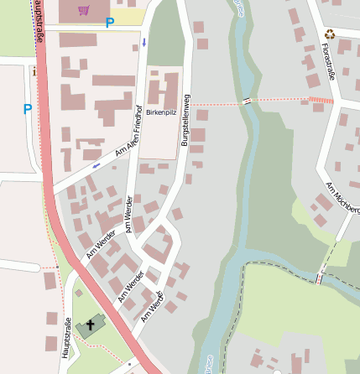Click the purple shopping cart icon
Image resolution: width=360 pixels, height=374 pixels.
(83, 10)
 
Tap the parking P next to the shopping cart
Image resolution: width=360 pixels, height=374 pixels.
(109, 23)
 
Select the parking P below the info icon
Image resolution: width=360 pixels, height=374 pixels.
(28, 109)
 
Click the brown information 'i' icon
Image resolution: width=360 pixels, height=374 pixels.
(34, 72)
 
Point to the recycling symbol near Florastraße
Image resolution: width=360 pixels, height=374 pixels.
(330, 34)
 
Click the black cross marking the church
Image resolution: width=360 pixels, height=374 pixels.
(91, 324)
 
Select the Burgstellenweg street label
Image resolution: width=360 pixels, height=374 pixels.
(185, 122)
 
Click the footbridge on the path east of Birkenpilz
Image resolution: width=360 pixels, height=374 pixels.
(246, 101)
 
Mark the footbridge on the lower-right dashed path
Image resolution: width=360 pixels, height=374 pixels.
(319, 278)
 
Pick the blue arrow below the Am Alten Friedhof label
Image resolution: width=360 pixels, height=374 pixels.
(96, 165)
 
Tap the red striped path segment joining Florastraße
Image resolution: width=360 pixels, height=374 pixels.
(321, 101)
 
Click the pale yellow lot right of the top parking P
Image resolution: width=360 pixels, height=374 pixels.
(128, 17)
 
